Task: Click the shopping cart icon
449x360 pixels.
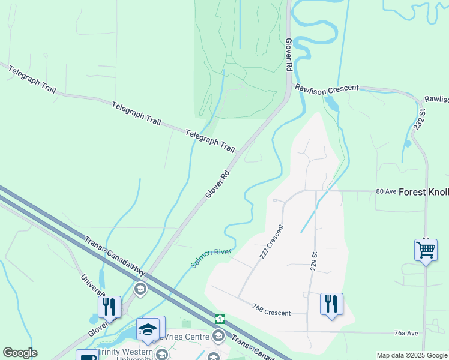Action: point(426,248)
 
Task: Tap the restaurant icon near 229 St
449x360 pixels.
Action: point(331,304)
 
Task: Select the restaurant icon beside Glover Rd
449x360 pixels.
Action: point(109,307)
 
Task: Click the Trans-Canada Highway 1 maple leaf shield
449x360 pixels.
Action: point(220,318)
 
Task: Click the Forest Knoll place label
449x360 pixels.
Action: point(424,192)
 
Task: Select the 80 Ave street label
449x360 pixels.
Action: point(387,191)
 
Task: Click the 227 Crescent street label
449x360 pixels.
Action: point(271,242)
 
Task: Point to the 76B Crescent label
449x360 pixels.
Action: point(271,310)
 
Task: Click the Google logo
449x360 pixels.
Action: point(19,353)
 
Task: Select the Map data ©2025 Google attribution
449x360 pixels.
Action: point(411,355)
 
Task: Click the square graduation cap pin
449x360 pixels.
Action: point(148,329)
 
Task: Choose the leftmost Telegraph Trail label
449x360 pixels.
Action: point(31,80)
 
